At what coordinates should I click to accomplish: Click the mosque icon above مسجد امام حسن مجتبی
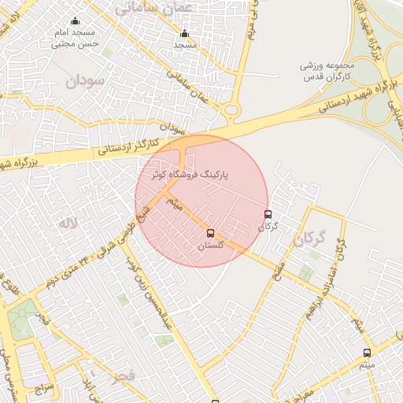[x=75, y=20]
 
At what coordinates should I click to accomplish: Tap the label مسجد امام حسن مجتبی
[x=74, y=39]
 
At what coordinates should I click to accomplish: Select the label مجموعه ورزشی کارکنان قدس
[x=330, y=72]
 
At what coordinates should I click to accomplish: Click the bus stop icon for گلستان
[x=209, y=233]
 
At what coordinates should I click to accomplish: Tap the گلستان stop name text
[x=210, y=246]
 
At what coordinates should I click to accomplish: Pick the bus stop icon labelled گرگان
[x=268, y=214]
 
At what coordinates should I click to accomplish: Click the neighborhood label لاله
[x=68, y=224]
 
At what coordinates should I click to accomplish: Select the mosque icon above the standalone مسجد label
[x=185, y=34]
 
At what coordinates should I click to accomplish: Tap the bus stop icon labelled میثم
[x=367, y=353]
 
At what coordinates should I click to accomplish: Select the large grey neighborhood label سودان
[x=84, y=81]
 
